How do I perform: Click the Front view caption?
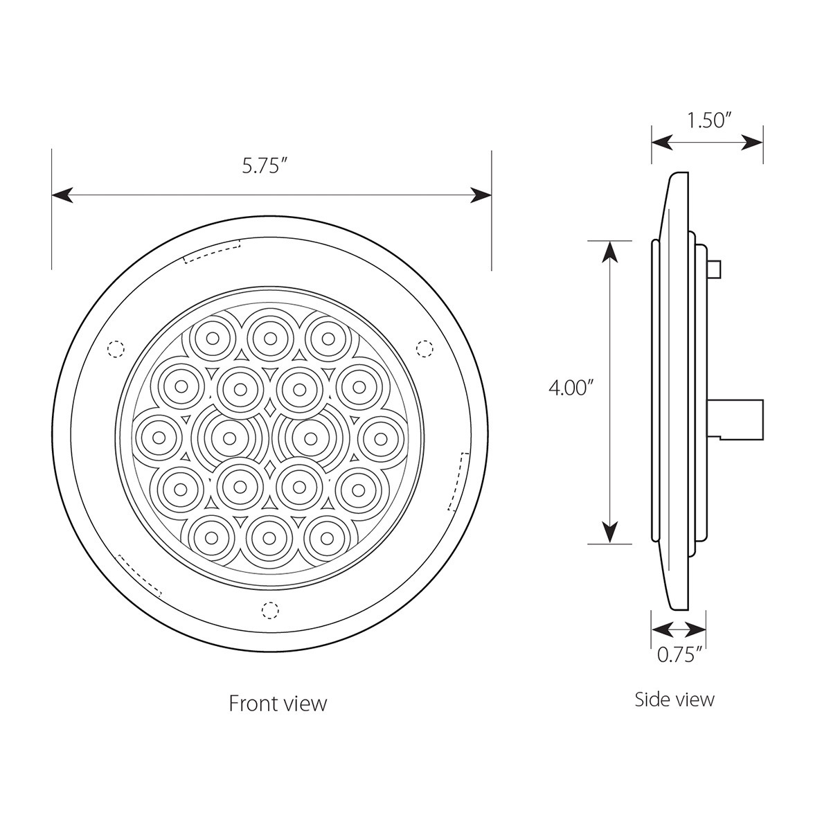tap(278, 704)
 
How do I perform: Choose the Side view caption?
tap(674, 699)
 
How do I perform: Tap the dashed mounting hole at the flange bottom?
tap(269, 610)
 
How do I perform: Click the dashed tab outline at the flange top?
tap(212, 251)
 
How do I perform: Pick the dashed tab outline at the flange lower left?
tap(141, 575)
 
